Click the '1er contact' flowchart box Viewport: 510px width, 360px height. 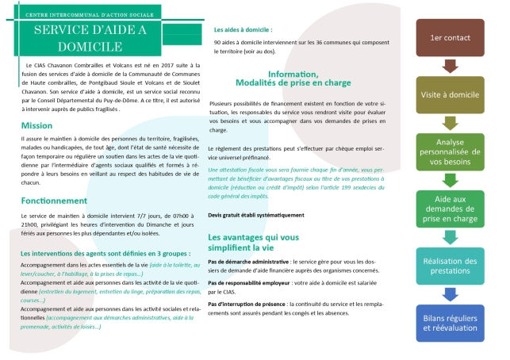(450, 37)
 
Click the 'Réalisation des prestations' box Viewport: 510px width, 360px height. (450, 266)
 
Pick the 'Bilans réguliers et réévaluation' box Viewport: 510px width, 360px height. (450, 322)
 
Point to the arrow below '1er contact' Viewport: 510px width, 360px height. (450, 65)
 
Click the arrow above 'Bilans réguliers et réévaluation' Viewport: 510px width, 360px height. (450, 293)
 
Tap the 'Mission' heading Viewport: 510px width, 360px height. (36, 125)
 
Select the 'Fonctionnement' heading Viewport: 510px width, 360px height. (53, 201)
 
